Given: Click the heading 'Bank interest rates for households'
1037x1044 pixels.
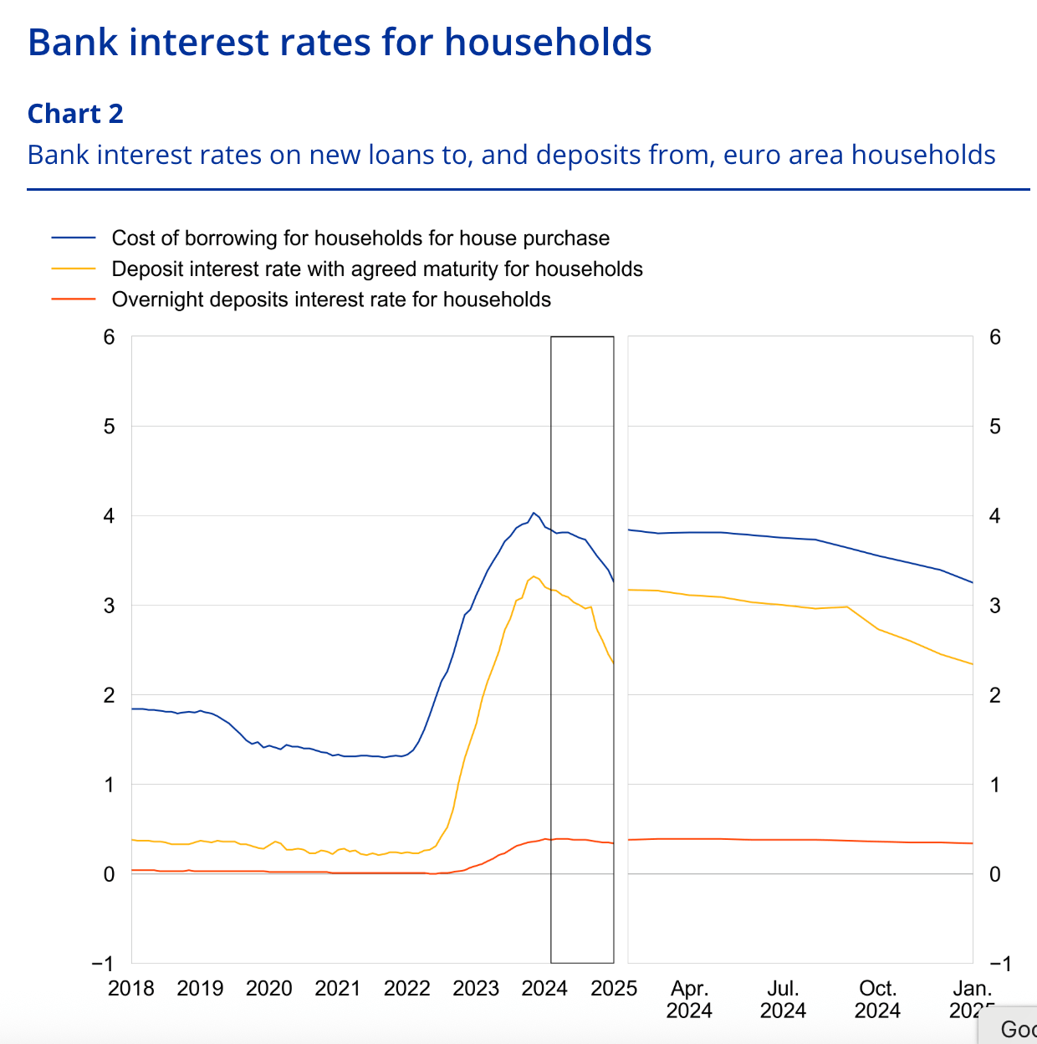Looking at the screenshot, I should click(340, 42).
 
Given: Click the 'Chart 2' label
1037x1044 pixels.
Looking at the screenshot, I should click(75, 114).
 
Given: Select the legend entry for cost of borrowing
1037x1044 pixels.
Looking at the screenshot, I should click(360, 238).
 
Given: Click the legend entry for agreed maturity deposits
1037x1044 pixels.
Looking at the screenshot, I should click(377, 269).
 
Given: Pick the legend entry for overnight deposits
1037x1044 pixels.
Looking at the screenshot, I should click(331, 299).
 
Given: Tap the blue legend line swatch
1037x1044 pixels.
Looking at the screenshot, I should click(74, 238).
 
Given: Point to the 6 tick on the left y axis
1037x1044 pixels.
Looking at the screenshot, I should click(109, 337).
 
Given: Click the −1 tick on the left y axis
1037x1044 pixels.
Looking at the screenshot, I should click(103, 964).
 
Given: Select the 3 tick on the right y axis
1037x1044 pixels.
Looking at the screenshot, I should click(994, 606).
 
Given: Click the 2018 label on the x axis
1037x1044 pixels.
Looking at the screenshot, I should click(131, 989).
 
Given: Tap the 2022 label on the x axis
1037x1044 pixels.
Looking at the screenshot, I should click(406, 989).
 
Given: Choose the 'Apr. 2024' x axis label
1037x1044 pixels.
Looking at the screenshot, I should click(689, 1000).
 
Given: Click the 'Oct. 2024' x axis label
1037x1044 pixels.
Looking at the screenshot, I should click(877, 1000).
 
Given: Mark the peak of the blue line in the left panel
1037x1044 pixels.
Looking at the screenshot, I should click(534, 513).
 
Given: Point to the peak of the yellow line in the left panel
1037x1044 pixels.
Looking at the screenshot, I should click(534, 576).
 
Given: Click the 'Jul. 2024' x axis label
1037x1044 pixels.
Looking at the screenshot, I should click(783, 1000).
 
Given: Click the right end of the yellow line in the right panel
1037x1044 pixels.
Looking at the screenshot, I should click(973, 664).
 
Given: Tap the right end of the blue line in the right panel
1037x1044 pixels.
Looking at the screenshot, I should click(973, 582).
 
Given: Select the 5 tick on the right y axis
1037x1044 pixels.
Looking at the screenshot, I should click(994, 427).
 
